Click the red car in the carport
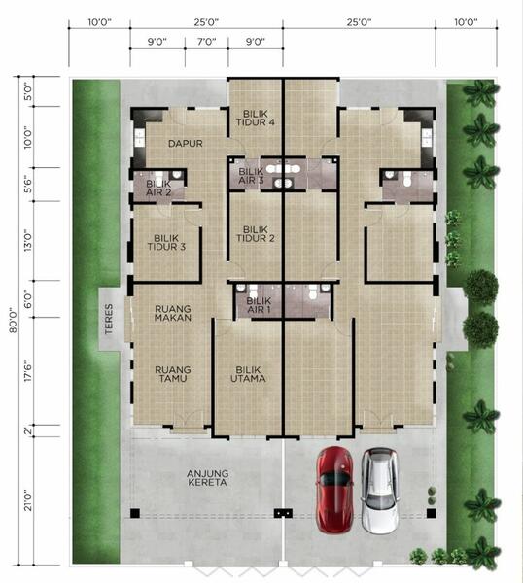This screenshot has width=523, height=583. coord(334,490)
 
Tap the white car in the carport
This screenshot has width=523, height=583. coord(380,491)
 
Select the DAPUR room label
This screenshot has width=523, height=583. coord(186,144)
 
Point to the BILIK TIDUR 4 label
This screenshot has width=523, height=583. coord(255,118)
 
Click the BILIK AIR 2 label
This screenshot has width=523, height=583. coord(158,188)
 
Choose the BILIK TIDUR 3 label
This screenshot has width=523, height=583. coord(166,242)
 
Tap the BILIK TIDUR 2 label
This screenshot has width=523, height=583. coord(255,234)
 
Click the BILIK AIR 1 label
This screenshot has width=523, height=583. coord(259,305)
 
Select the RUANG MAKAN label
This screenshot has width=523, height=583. coord(173,313)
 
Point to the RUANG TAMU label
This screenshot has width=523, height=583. coord(173,374)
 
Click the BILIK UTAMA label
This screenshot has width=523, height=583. coord(248,374)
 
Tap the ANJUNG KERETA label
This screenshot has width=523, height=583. coord(208,478)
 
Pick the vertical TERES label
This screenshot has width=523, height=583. coord(109,319)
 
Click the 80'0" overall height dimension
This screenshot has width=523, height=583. coord(14,320)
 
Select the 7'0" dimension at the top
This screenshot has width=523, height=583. coord(206,41)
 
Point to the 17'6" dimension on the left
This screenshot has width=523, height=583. coord(28,371)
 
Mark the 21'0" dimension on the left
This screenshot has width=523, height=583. coord(28,500)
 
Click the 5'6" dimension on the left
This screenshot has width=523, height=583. coord(28,184)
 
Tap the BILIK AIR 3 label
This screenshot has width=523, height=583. coord(251,176)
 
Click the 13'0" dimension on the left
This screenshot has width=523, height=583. coord(28,240)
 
